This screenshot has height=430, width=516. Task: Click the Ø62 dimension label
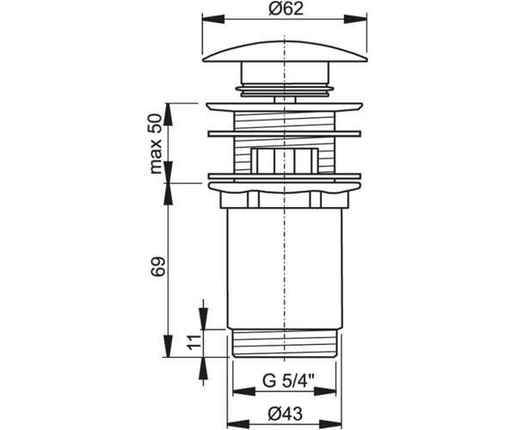(x=286, y=9)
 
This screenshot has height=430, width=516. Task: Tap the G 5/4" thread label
(x=288, y=381)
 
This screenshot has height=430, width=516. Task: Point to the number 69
(x=157, y=267)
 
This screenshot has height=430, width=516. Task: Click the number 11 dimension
(x=193, y=342)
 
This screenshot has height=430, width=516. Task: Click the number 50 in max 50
(x=156, y=123)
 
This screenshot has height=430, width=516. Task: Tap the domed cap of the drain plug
(x=285, y=52)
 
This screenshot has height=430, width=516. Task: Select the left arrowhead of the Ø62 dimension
(x=213, y=19)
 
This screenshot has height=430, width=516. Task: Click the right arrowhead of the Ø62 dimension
(x=356, y=19)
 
